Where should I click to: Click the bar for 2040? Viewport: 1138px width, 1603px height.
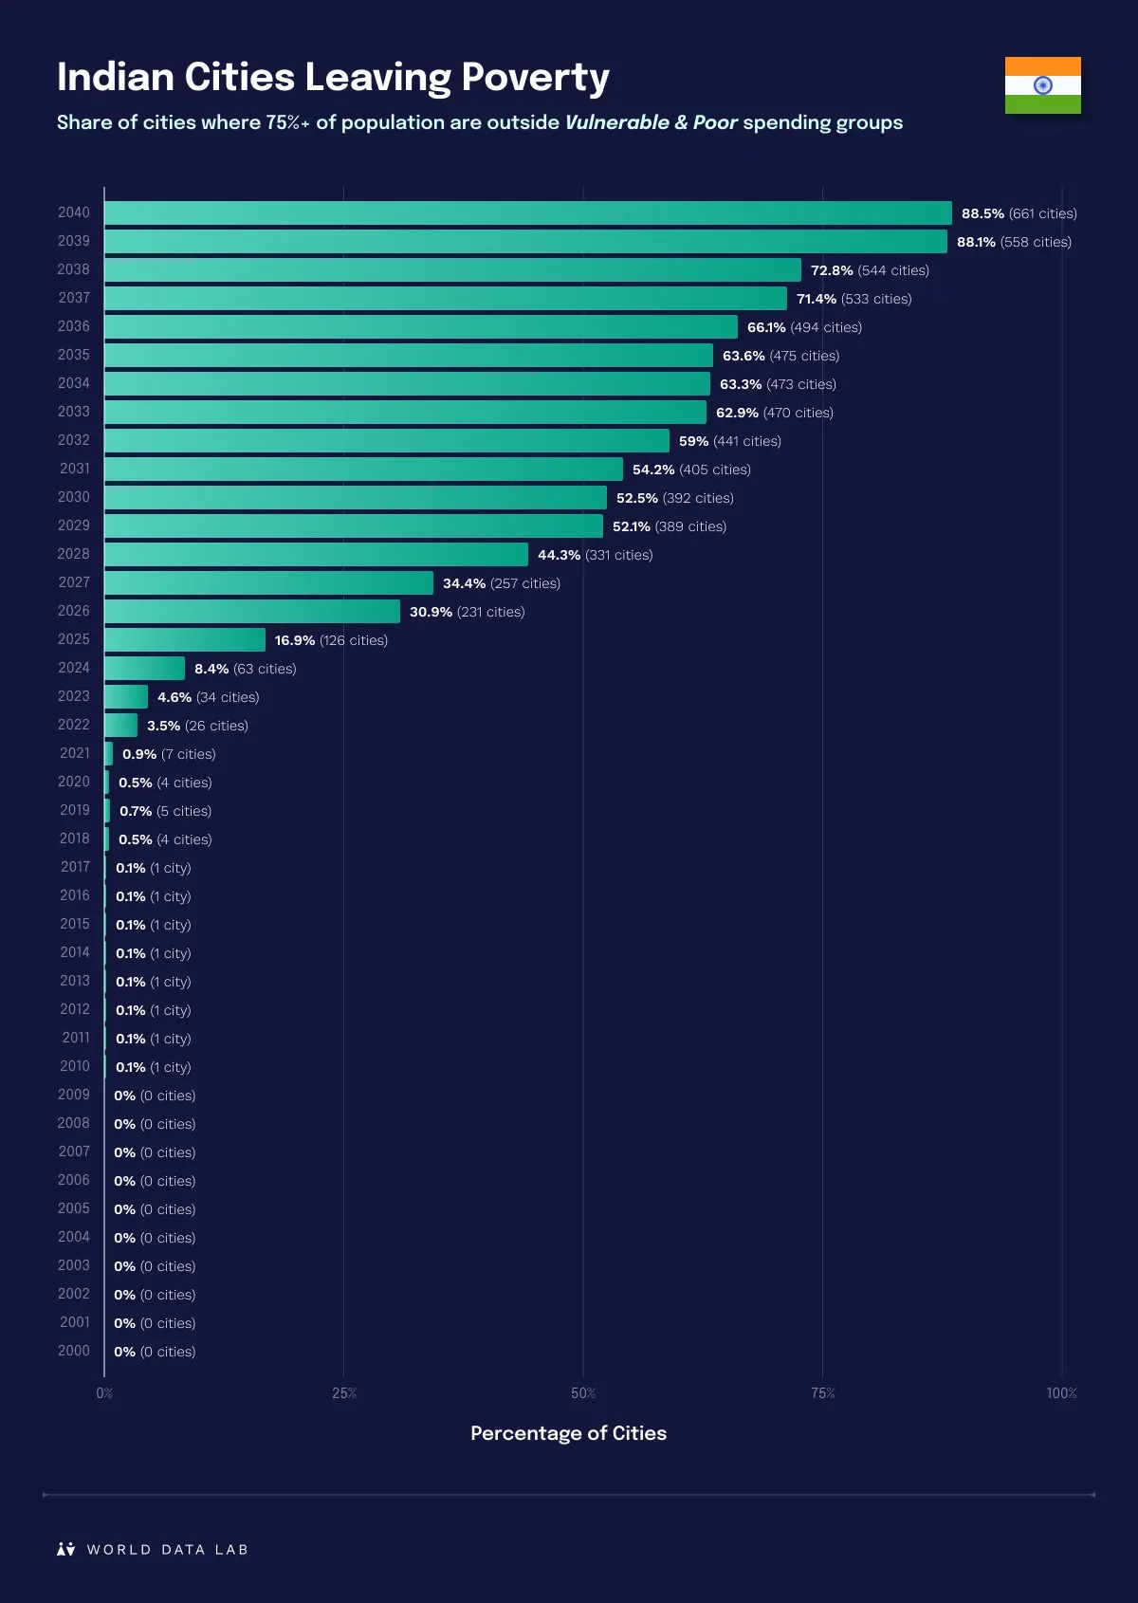(x=527, y=212)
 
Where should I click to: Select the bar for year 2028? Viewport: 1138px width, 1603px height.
(x=316, y=554)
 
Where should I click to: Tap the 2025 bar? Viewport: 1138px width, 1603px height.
(x=185, y=639)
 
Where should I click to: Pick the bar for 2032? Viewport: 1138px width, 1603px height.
(x=387, y=440)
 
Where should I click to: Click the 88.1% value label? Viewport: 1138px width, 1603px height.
(x=976, y=242)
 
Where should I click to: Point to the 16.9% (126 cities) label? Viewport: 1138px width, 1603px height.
(x=331, y=640)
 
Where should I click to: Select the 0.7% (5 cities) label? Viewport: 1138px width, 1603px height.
(x=165, y=811)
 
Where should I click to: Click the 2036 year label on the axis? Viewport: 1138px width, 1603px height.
(x=74, y=326)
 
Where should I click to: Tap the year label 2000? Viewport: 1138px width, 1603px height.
(x=74, y=1351)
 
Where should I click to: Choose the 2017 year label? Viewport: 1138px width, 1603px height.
(x=75, y=867)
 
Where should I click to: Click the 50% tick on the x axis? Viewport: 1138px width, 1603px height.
(x=583, y=1393)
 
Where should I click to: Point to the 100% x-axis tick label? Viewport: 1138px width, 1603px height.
(x=1061, y=1393)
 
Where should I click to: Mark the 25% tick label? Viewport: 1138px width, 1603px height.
(x=344, y=1393)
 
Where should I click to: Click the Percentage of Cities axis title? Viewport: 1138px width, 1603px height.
(x=568, y=1433)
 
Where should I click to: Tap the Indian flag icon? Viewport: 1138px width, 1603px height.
(x=1042, y=85)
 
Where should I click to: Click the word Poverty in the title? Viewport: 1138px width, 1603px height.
(x=535, y=79)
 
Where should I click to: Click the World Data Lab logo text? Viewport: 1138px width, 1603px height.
(x=167, y=1550)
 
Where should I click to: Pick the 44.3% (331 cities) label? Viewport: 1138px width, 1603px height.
(x=595, y=555)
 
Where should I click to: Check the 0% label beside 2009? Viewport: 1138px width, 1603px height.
(x=124, y=1096)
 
